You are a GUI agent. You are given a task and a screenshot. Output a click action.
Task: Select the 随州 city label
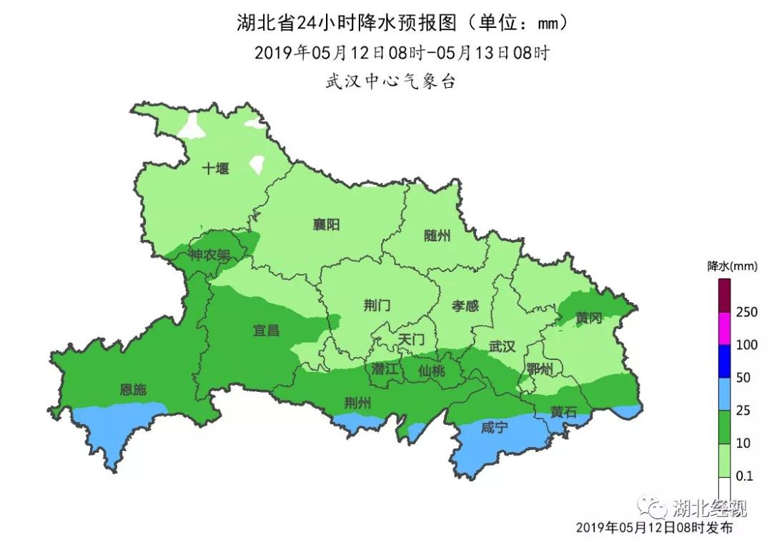[x=437, y=236]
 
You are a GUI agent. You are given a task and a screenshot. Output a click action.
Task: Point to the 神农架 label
[x=209, y=255]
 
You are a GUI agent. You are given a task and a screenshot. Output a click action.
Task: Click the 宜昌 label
[x=266, y=330]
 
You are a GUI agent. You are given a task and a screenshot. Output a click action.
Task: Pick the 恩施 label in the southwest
[x=133, y=390]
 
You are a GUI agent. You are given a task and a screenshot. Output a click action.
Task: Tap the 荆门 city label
[x=377, y=306]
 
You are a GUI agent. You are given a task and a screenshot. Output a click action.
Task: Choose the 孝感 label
[x=465, y=306]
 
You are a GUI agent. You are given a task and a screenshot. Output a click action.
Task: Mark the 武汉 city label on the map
[x=502, y=346]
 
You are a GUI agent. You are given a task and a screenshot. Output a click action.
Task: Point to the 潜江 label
[x=385, y=369]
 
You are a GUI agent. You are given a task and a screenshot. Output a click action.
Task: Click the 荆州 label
[x=357, y=403]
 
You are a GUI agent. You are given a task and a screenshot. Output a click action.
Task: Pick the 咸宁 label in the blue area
[x=494, y=428]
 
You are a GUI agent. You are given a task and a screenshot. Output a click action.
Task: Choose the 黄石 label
[x=563, y=412]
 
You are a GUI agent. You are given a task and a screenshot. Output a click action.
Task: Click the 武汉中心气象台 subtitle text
[x=390, y=81]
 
